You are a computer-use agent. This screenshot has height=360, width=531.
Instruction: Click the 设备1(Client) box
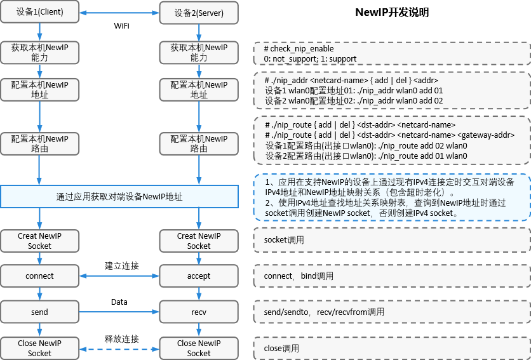(39, 12)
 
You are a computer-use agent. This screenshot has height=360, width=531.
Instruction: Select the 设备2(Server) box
(199, 12)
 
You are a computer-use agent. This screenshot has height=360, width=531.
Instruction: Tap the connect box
(39, 276)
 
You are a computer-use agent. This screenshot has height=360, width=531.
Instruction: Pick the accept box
(199, 276)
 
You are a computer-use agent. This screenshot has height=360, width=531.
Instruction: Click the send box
(39, 312)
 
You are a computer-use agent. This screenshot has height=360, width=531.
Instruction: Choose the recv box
(199, 312)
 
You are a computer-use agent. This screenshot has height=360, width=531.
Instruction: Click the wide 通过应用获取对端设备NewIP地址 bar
(119, 197)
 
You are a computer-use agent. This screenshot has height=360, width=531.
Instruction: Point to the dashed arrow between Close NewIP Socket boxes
(119, 349)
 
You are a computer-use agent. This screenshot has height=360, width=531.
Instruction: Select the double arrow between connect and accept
(119, 276)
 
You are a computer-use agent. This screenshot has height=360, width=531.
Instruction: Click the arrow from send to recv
(119, 312)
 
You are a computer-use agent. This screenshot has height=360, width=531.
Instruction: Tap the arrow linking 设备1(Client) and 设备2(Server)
(119, 12)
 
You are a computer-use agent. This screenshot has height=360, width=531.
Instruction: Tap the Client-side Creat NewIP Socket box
(39, 241)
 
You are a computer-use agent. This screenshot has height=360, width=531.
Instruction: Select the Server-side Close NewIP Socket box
(199, 349)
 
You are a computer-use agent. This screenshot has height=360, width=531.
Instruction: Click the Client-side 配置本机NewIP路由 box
(39, 143)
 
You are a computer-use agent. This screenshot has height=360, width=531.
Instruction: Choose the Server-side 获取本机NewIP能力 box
(199, 53)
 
